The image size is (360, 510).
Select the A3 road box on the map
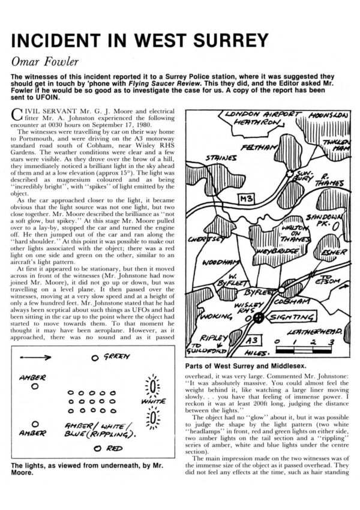259,340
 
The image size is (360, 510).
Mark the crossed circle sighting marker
259,317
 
